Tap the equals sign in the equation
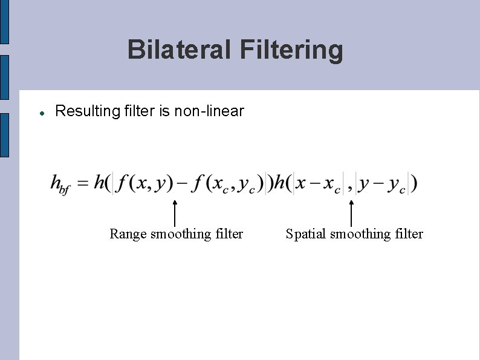[x=83, y=183]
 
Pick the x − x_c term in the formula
[x=317, y=183]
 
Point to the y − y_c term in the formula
[x=382, y=183]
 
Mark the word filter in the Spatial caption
[x=409, y=234]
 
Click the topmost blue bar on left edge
[x=4, y=22]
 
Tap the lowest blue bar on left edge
[x=4, y=135]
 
